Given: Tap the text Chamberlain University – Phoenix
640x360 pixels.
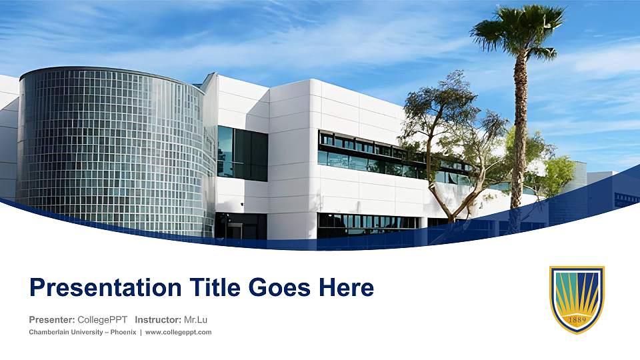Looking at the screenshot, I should [82, 332].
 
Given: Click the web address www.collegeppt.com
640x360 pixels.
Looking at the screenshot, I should [178, 332].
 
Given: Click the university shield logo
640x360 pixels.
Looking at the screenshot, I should [577, 299].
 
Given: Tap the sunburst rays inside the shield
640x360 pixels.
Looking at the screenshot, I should [577, 293].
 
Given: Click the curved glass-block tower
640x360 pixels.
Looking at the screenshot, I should [110, 147].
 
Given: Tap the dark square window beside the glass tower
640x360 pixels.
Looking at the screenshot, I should [243, 154].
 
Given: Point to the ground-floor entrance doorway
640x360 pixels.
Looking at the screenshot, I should [235, 229].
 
